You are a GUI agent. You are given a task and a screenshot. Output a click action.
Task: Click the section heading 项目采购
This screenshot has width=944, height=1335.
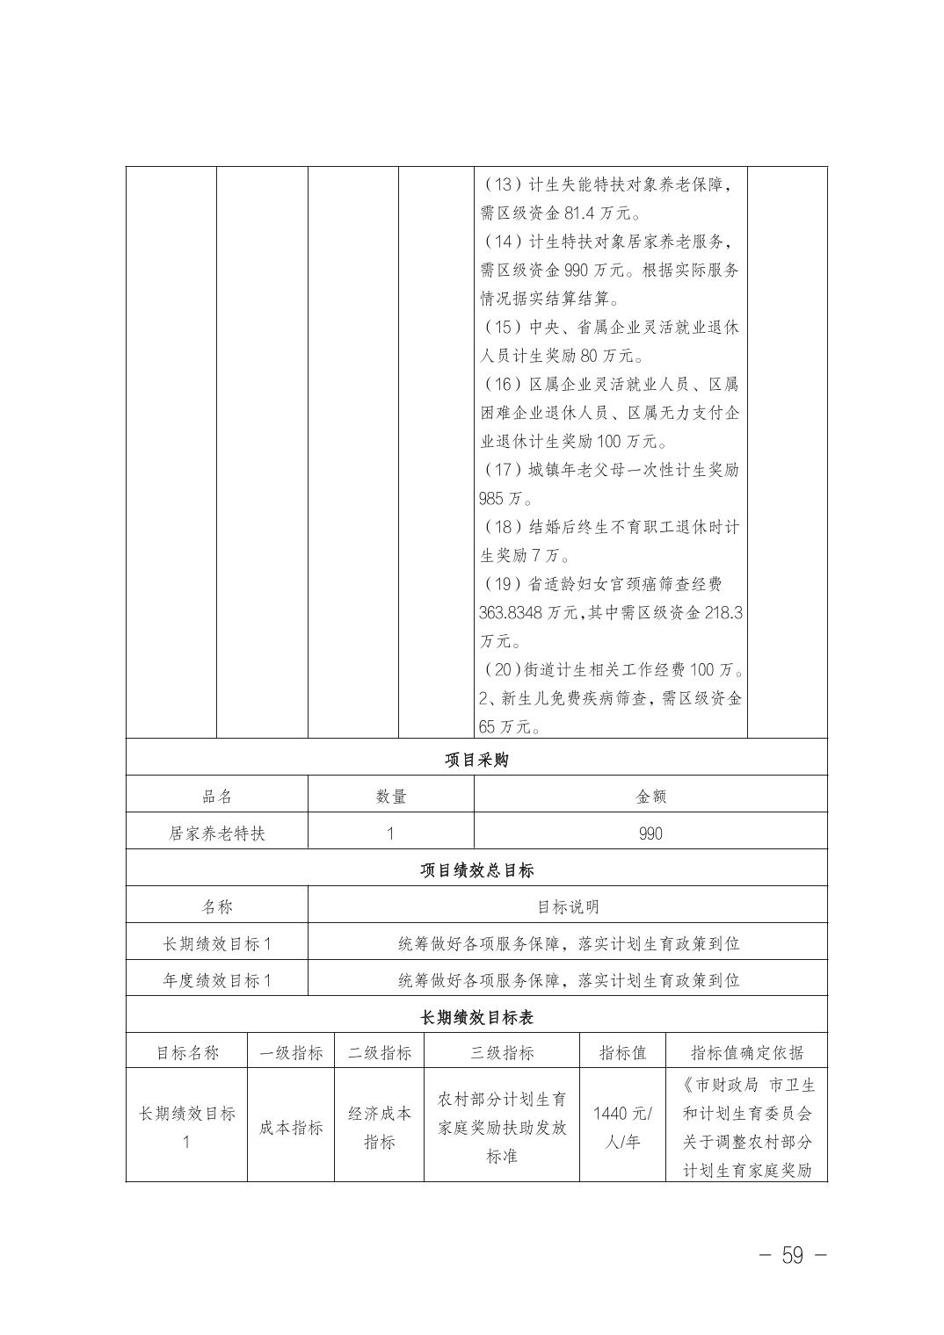click(476, 760)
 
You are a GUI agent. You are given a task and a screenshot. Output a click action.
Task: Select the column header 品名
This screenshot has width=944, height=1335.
click(216, 797)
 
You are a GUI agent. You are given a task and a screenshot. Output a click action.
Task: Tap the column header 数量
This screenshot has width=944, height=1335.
click(390, 797)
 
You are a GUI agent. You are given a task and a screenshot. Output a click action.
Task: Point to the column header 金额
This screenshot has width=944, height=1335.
click(650, 797)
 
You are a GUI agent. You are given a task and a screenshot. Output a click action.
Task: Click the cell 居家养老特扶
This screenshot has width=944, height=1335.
click(216, 833)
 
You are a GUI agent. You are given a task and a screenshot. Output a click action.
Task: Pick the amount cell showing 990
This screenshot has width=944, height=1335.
click(650, 833)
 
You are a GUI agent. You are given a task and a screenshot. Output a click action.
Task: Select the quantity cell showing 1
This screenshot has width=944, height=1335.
click(390, 833)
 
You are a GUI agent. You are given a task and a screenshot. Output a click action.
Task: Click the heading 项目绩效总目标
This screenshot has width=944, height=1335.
click(476, 870)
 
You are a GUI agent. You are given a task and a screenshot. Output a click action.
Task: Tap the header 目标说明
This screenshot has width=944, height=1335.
click(568, 907)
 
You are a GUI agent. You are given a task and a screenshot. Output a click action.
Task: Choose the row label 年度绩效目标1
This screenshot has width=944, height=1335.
click(216, 980)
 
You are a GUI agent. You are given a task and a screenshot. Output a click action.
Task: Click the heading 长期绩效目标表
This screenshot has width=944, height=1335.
click(476, 1017)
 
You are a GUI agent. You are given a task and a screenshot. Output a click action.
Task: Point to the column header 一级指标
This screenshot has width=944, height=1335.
click(291, 1052)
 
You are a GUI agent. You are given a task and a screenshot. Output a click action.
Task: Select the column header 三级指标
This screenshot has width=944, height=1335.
click(501, 1052)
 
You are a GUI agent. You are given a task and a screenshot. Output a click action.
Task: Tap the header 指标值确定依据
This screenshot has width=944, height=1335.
click(746, 1052)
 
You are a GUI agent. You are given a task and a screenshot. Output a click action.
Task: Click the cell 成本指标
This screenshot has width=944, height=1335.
click(291, 1128)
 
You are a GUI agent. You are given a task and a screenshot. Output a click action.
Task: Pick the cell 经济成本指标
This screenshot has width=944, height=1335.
click(379, 1128)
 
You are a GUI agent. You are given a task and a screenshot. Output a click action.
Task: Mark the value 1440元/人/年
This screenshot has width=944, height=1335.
click(621, 1128)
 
